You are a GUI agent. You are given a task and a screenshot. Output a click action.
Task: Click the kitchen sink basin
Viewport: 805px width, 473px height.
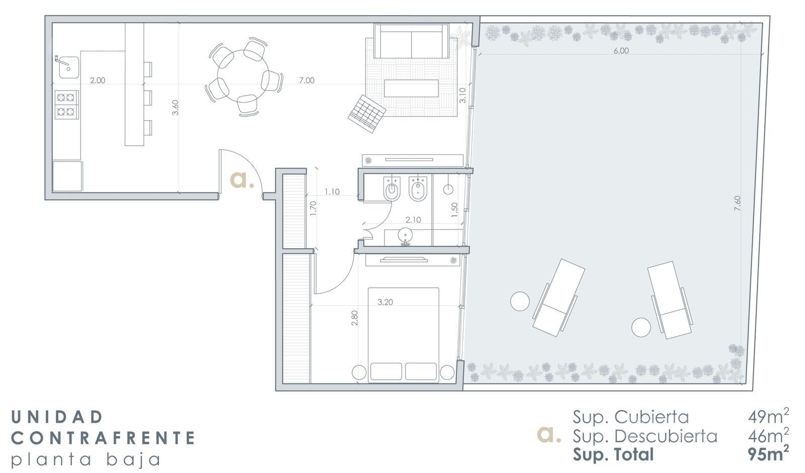click(x=69, y=67)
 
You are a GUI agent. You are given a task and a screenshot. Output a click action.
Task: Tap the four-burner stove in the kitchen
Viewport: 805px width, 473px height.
click(x=67, y=104)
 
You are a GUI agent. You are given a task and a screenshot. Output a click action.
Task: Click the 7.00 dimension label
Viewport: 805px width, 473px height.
click(x=306, y=81)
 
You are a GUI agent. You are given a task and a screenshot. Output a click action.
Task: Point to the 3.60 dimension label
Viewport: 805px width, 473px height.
click(x=176, y=108)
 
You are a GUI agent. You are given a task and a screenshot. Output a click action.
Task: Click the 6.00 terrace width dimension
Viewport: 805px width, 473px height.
click(x=621, y=51)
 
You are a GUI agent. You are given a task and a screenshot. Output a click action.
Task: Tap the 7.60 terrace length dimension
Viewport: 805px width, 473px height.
click(x=737, y=203)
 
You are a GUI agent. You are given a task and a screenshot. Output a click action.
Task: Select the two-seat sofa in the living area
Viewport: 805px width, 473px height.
click(x=411, y=41)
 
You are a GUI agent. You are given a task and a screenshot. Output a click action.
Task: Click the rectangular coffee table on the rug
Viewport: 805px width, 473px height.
click(x=411, y=88)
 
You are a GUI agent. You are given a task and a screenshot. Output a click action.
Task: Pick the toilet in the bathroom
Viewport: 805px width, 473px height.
click(x=392, y=188)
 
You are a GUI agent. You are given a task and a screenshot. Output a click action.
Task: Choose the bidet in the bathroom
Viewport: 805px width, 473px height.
click(x=418, y=188)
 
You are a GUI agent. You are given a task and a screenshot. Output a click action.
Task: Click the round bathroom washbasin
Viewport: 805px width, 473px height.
click(x=406, y=235)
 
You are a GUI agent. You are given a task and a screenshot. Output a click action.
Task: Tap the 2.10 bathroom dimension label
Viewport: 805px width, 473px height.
click(x=413, y=219)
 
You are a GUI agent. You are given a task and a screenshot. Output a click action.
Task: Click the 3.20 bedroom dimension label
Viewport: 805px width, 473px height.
click(x=385, y=302)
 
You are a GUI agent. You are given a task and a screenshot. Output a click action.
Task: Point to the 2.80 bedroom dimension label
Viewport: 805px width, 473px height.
click(x=355, y=318)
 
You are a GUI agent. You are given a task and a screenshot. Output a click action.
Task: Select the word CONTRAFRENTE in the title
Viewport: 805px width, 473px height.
click(x=104, y=438)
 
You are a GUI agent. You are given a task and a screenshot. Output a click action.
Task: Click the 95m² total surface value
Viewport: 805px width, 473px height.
click(x=768, y=453)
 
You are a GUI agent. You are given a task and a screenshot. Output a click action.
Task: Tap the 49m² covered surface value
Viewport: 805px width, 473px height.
click(x=768, y=417)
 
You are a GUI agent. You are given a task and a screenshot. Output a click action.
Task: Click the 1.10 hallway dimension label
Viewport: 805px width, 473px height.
click(x=332, y=192)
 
